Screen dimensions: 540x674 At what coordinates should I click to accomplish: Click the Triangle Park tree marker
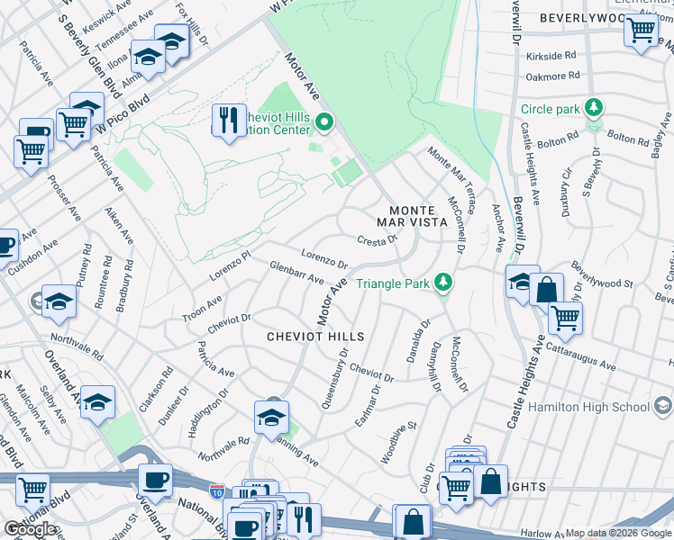coord(442,283)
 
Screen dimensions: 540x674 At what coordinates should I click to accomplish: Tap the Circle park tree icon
coord(593,109)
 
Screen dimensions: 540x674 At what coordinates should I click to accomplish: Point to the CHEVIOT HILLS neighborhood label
coord(315,337)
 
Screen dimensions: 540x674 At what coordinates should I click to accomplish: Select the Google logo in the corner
coord(29,529)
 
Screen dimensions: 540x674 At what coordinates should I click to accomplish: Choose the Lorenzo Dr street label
coord(324,260)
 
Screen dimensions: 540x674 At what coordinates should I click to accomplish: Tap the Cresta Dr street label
coord(378,240)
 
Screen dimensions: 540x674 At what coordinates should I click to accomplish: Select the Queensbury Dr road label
coord(334,379)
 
